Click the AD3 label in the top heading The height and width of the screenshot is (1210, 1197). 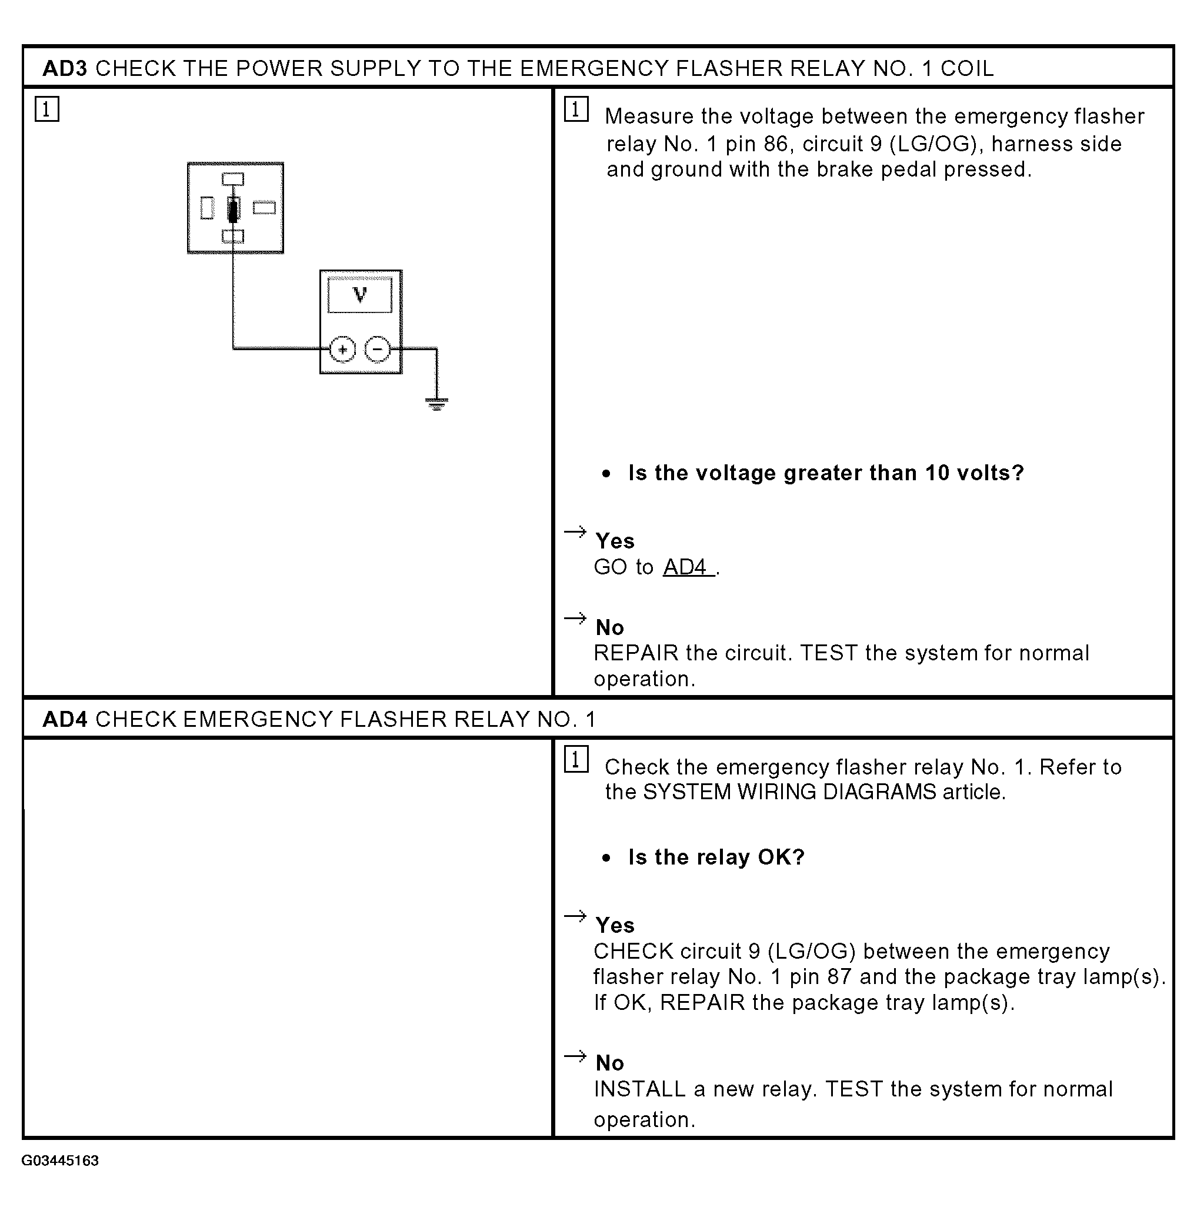65,68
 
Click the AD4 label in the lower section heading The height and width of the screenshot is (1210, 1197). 65,719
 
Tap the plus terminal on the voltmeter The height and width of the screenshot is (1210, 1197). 342,349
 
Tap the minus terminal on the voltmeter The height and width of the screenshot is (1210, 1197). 378,349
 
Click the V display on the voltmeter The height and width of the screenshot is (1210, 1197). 360,294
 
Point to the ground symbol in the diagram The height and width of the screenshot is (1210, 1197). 437,403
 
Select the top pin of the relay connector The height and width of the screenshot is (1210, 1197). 233,179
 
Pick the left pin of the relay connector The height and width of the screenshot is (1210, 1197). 207,208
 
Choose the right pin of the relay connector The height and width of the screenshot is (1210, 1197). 264,207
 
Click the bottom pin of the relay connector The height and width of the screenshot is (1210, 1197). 233,236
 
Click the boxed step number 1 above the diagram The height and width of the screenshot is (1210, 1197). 47,109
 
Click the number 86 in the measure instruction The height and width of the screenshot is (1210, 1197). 776,144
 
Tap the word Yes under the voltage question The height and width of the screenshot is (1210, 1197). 615,540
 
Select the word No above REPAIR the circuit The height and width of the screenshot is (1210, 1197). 610,627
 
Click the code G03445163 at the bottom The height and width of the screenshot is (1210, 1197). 60,1161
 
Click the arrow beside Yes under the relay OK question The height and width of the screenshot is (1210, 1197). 575,916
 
